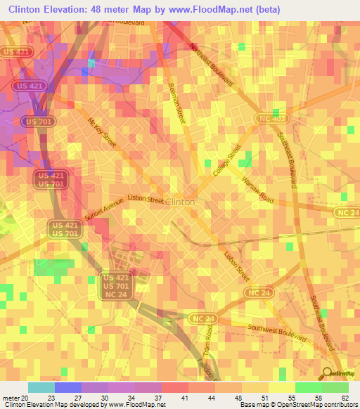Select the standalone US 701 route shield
click(x=37, y=122)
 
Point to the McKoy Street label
click(x=102, y=132)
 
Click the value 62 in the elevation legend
click(x=345, y=397)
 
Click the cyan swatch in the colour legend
click(x=41, y=387)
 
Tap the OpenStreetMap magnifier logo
click(x=328, y=372)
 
